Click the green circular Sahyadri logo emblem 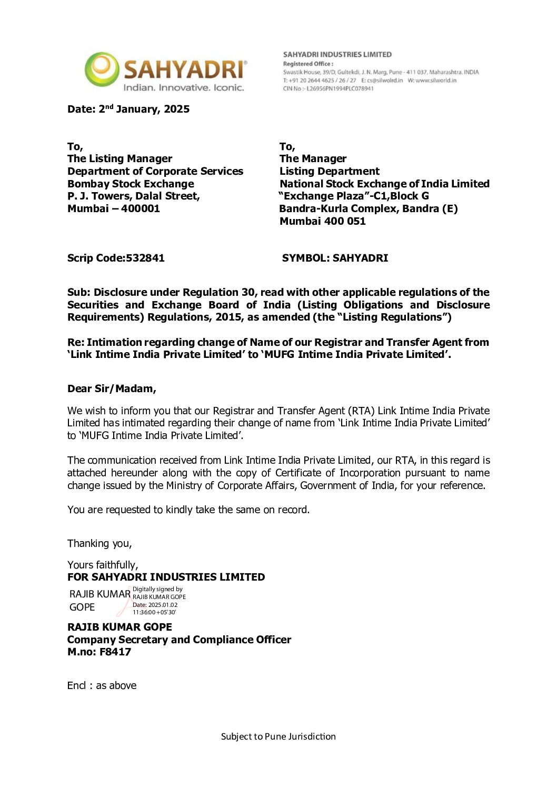coord(102,69)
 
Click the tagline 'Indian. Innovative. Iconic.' coord(184,87)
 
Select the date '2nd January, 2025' coord(144,109)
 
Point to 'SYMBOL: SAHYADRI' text coord(335,258)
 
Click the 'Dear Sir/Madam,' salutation coord(112,388)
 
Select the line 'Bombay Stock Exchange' coord(131,184)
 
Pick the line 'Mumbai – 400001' coord(113,208)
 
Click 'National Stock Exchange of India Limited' coord(384,184)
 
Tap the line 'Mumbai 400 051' coord(322,221)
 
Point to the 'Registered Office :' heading coord(308,64)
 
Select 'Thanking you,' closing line coord(100,543)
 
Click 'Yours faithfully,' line coord(103,565)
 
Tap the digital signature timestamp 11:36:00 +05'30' coord(154,612)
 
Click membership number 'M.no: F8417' coord(99,652)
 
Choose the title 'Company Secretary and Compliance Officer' coord(179,640)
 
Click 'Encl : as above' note coord(102,685)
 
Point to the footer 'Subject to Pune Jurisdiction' coord(278,736)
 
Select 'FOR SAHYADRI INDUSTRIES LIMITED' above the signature coord(166,577)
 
